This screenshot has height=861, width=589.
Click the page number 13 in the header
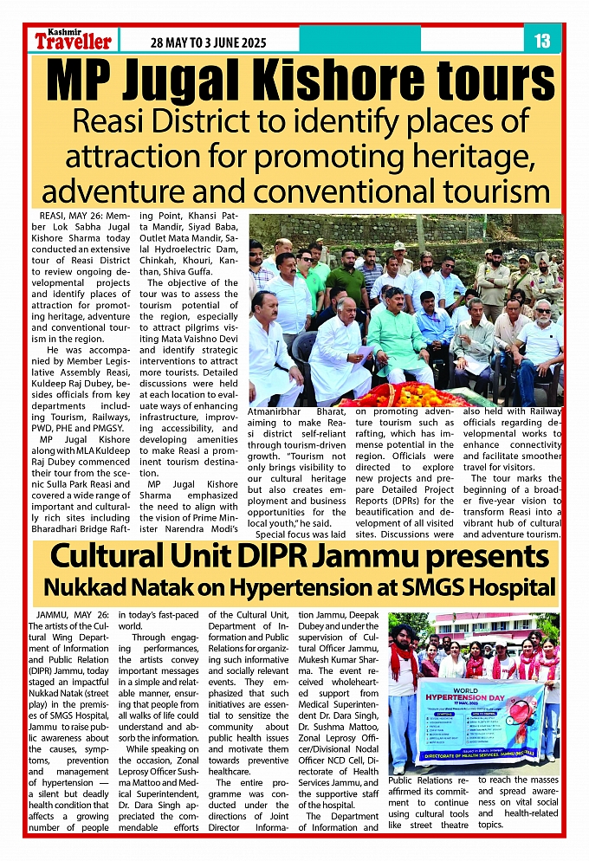tap(543, 41)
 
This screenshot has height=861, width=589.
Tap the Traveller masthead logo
tap(74, 41)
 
